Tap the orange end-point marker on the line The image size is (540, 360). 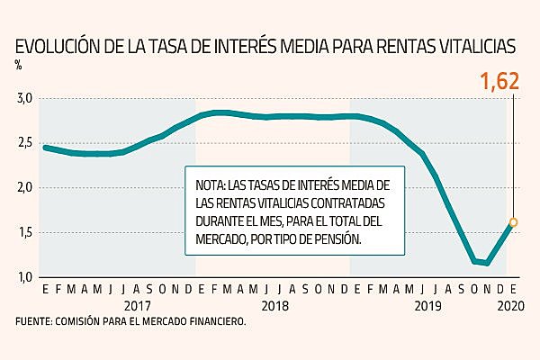click(513, 222)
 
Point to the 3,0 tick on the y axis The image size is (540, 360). click(24, 97)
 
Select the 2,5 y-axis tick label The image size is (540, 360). click(24, 142)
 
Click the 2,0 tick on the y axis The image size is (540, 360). click(24, 187)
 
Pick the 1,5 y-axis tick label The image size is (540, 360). click(24, 232)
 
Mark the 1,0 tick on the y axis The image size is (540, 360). click(24, 277)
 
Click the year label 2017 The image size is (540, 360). click(137, 306)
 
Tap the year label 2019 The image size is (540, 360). click(426, 306)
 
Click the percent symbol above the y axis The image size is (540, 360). click(18, 64)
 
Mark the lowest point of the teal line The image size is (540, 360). click(487, 263)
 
